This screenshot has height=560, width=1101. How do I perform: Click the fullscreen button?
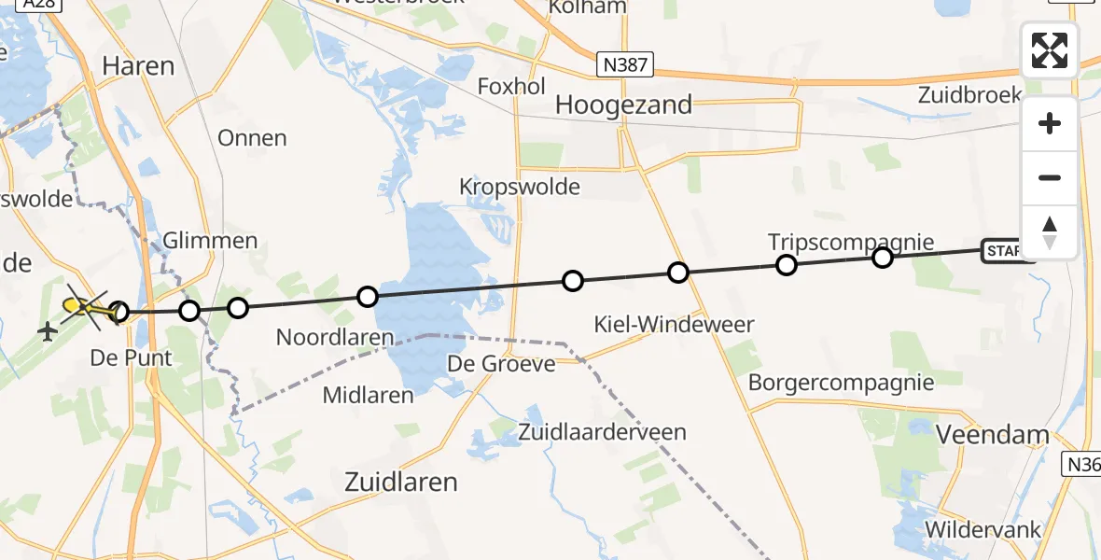[x=1050, y=50]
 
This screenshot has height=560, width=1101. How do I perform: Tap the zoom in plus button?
[x=1050, y=123]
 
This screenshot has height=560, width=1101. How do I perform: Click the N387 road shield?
[x=625, y=64]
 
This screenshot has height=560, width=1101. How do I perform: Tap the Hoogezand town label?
[x=623, y=105]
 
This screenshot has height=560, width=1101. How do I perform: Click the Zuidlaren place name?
[x=401, y=482]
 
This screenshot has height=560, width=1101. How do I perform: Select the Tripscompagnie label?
[x=850, y=242]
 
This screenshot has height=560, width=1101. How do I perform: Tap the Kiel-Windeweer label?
[x=675, y=325]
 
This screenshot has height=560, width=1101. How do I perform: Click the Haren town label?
[x=138, y=65]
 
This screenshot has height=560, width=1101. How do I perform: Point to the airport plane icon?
[x=46, y=330]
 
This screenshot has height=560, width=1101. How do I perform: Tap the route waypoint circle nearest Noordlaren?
[x=368, y=297]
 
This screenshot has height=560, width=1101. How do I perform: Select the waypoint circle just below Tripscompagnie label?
[x=787, y=265]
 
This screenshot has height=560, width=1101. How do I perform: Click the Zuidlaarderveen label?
[x=602, y=432]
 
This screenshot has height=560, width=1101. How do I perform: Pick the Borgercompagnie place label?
[x=841, y=382]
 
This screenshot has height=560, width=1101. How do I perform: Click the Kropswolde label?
[x=519, y=187]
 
